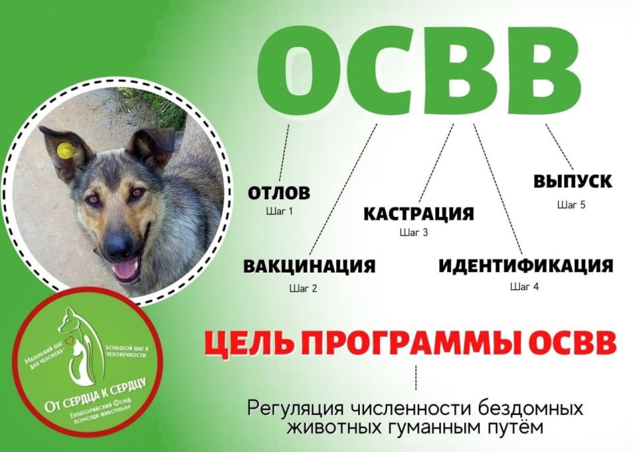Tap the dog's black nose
click(x=119, y=245)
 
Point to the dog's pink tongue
click(x=125, y=269)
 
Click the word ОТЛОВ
click(x=279, y=193)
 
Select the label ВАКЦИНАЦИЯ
click(x=309, y=267)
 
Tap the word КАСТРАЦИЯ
click(x=419, y=214)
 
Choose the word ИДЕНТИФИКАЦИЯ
click(x=526, y=266)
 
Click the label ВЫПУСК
click(x=572, y=181)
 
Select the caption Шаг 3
click(x=414, y=232)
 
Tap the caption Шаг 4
click(x=525, y=286)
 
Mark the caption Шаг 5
click(x=571, y=205)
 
